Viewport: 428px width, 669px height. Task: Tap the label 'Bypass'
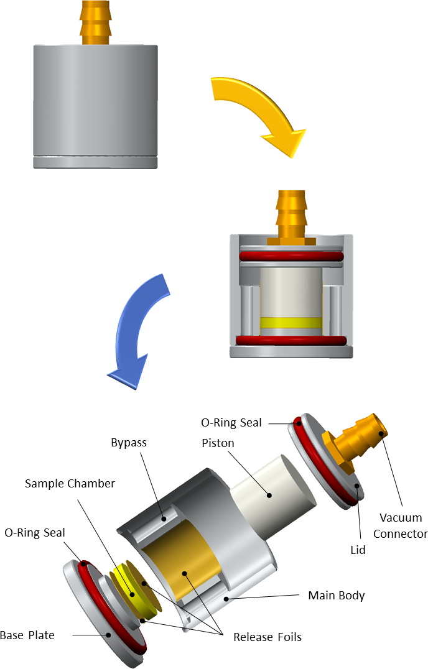click(x=129, y=443)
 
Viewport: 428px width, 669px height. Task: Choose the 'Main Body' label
click(x=336, y=595)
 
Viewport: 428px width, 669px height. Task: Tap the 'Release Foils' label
click(x=267, y=637)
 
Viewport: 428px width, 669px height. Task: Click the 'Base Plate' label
click(x=27, y=635)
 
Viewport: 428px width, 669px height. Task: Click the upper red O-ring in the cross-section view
click(x=291, y=256)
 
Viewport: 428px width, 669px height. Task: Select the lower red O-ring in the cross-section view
click(x=291, y=340)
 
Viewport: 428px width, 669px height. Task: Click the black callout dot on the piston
click(x=270, y=496)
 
